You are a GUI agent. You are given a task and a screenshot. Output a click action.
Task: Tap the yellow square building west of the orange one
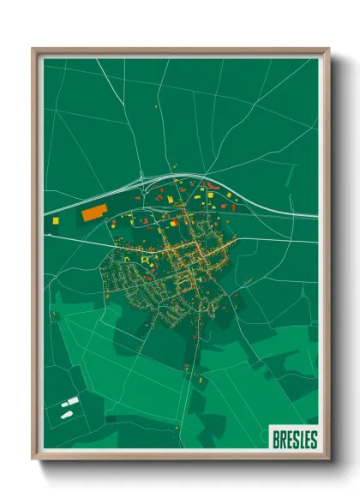point(57,220)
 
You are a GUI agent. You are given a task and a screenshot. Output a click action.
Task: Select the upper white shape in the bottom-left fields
point(72,401)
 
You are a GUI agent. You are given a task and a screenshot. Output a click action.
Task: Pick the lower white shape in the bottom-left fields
point(66,415)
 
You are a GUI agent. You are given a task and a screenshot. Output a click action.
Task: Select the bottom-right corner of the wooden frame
point(328,460)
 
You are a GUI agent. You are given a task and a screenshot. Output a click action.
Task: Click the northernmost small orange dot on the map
point(157,106)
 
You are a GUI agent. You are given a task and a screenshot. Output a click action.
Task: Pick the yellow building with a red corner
point(174,223)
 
